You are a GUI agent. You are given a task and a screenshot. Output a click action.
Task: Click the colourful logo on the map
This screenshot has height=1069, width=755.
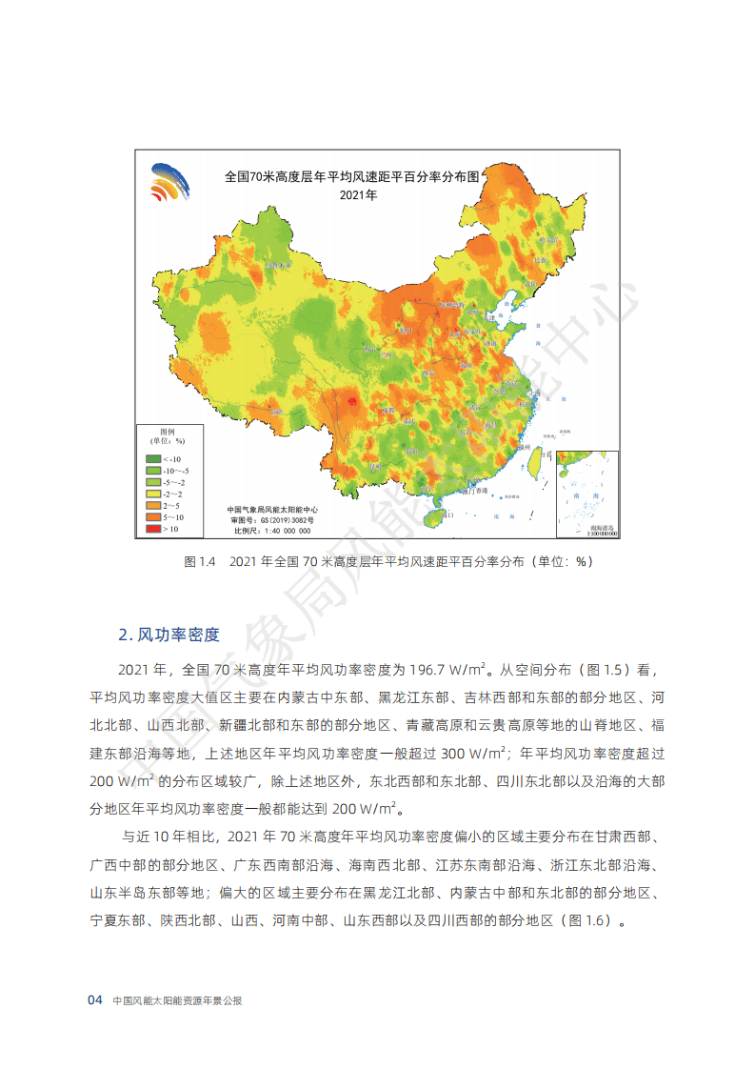point(170,182)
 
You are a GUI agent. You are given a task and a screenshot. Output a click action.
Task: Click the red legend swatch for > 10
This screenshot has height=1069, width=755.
point(152,528)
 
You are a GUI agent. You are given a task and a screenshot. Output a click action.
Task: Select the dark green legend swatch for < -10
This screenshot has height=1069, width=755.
point(152,459)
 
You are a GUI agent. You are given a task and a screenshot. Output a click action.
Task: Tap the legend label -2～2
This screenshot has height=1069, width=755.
point(173,494)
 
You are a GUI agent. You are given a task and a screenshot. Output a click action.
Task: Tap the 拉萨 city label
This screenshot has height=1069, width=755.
point(276,412)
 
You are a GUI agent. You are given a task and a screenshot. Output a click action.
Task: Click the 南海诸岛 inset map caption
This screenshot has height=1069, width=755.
point(601,526)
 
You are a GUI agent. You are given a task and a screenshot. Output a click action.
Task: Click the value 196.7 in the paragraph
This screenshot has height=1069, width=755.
point(423,670)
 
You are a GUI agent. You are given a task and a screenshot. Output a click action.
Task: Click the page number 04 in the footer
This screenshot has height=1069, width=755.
point(94,1000)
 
